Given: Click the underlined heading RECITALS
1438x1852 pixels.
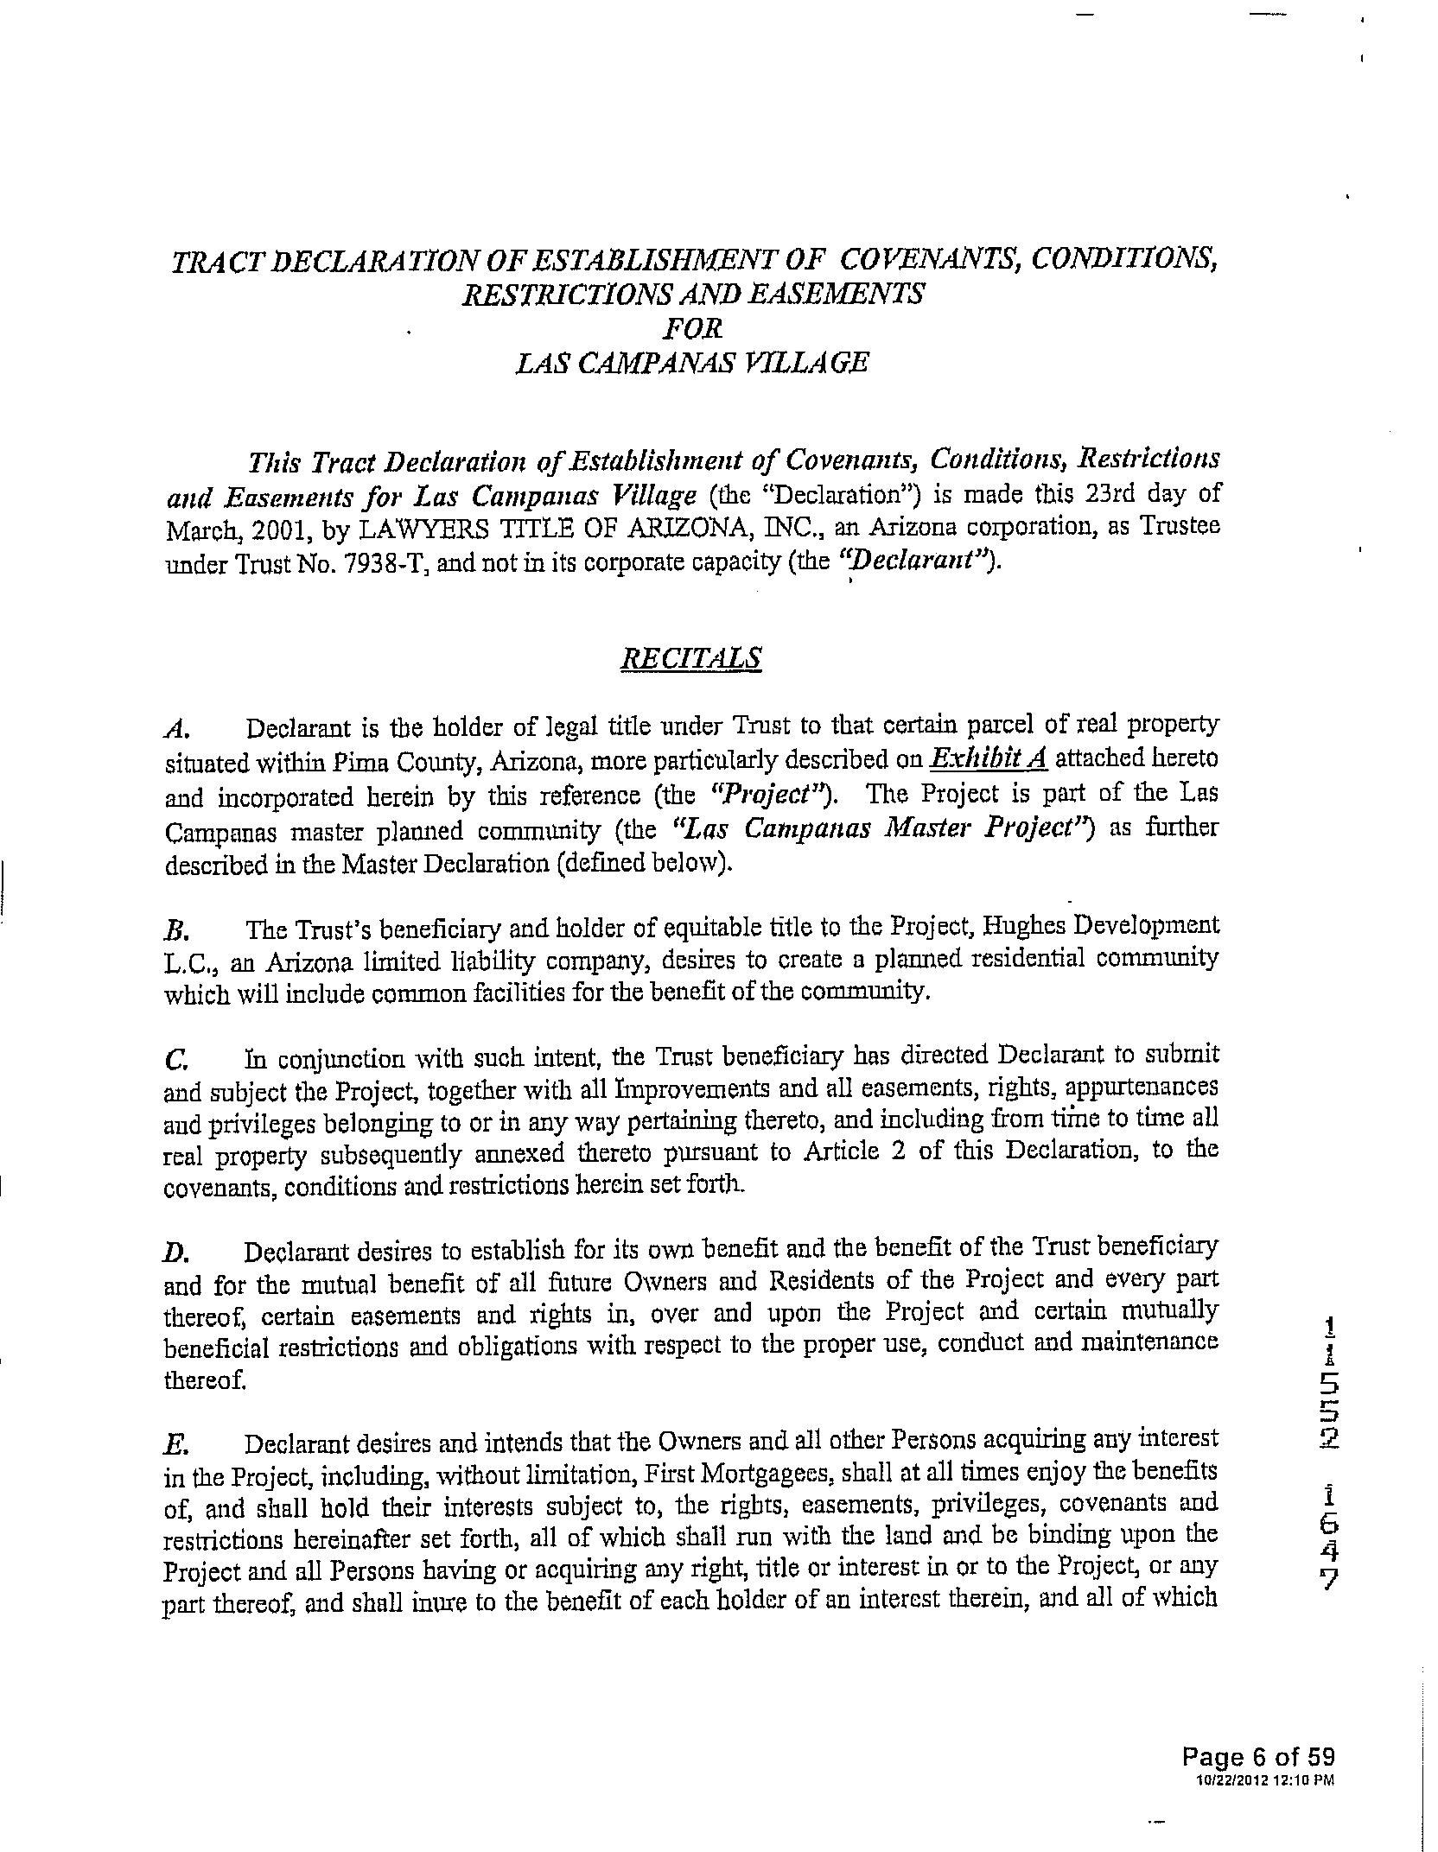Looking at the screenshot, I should click(691, 658).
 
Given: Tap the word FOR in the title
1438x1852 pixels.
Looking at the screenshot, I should click(691, 328).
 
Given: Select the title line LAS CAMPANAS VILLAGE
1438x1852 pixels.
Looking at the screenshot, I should click(691, 363).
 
